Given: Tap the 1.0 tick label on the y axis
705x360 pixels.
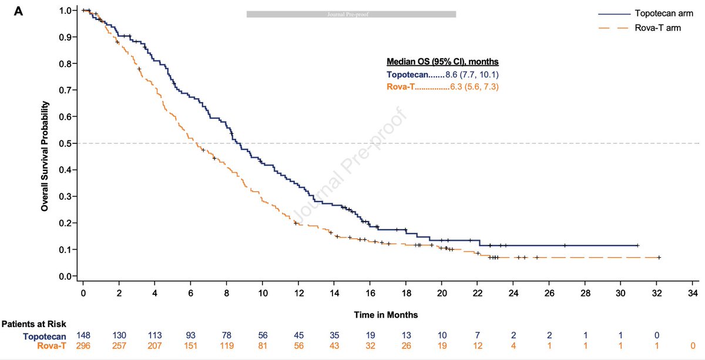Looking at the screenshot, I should click(68, 11).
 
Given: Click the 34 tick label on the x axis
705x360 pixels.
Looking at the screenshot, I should click(694, 292).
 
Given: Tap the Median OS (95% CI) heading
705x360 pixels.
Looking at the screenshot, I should click(442, 62).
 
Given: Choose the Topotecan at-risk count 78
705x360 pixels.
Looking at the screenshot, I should click(227, 335).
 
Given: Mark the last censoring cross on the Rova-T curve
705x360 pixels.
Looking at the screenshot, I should click(659, 257).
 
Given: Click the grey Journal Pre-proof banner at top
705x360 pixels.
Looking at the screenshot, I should click(351, 14).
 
